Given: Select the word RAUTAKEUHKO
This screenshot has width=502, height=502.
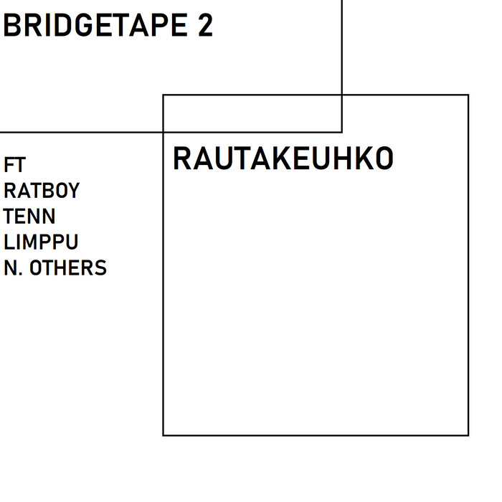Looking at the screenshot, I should coord(283,159).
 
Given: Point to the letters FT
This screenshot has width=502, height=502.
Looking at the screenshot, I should coord(14,165).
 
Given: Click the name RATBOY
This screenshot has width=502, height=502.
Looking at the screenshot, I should coord(42,191).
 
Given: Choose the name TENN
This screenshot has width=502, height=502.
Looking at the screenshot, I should coord(29,217).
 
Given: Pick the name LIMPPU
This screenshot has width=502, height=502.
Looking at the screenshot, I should coord(41,242).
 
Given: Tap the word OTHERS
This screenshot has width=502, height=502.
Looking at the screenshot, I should coord(68,268).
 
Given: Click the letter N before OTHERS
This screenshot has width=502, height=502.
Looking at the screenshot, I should coord(11,268).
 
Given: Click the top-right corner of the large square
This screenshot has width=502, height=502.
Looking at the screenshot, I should coord(468,95).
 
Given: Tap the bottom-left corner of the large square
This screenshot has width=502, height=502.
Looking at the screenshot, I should coord(164,435).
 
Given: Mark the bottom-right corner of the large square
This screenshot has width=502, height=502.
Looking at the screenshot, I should coord(468,435).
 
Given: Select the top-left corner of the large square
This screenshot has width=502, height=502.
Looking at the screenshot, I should coord(164,95).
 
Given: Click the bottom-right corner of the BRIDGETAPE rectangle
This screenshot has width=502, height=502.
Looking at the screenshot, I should coord(341,132).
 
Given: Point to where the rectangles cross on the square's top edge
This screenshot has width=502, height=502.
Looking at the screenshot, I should coord(341,95).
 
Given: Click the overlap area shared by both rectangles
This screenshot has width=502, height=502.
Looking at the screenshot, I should coord(252,113).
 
